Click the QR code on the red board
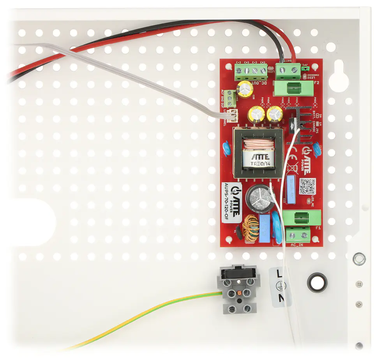coord(307,186)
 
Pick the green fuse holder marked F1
coord(301,218)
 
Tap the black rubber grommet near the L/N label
coord(317,282)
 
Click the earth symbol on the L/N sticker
coord(280,286)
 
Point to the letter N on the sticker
coord(280,299)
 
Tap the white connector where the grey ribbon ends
coord(232,114)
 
